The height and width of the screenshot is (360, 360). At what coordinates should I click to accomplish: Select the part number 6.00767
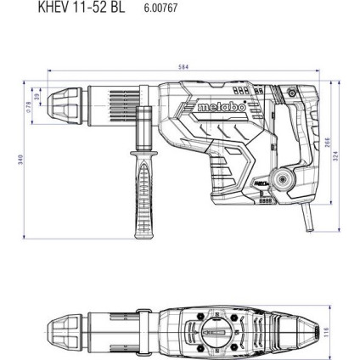[x=154, y=6]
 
